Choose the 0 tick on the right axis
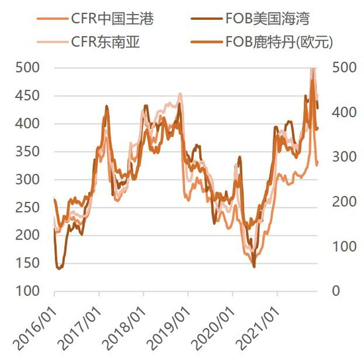coord(334,291)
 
